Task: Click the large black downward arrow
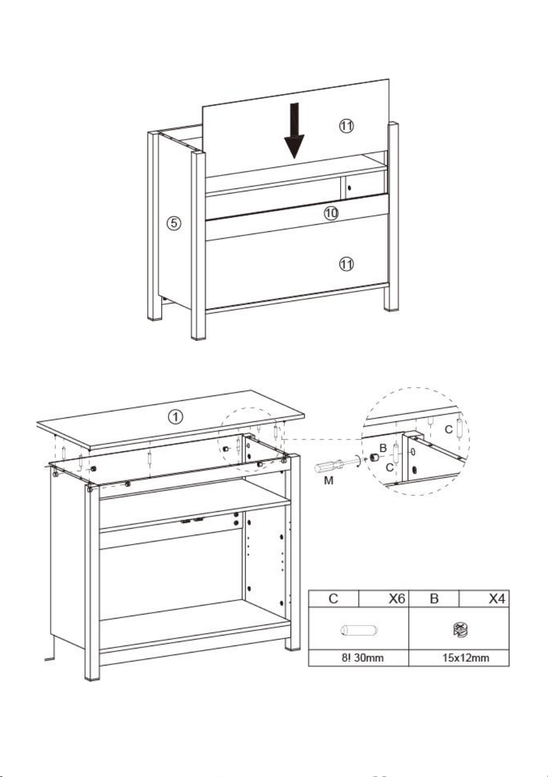click(294, 131)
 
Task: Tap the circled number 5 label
click(174, 222)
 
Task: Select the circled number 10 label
click(331, 212)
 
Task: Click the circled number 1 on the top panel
click(176, 417)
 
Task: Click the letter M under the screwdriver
click(328, 481)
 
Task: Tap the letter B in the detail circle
click(383, 448)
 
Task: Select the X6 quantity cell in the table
click(384, 599)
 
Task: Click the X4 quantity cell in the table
click(484, 599)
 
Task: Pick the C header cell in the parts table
click(334, 599)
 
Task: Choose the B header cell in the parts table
click(434, 599)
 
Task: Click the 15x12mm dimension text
click(466, 658)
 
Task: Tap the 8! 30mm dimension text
click(362, 658)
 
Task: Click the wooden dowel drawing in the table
click(359, 630)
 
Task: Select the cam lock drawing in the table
click(460, 630)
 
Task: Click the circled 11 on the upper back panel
click(346, 126)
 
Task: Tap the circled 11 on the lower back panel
click(346, 264)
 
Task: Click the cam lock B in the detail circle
click(374, 458)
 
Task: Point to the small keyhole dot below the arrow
click(349, 188)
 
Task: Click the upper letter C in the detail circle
click(449, 430)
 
